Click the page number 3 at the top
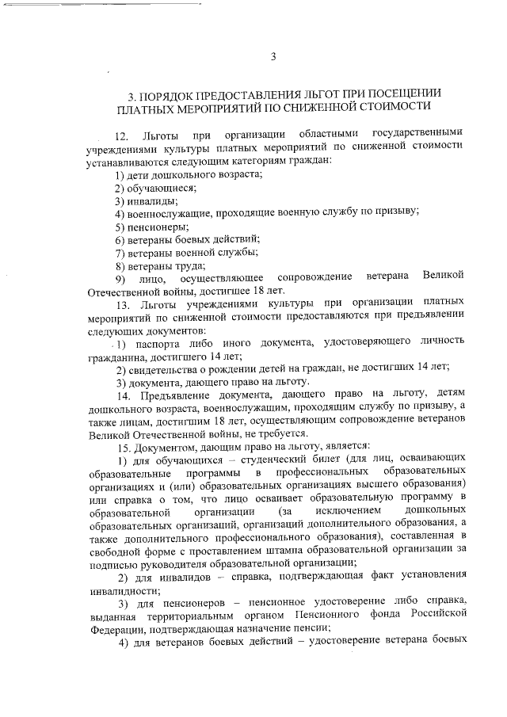tap(272, 56)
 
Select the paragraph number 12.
tap(120, 132)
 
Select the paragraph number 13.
tap(122, 303)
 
